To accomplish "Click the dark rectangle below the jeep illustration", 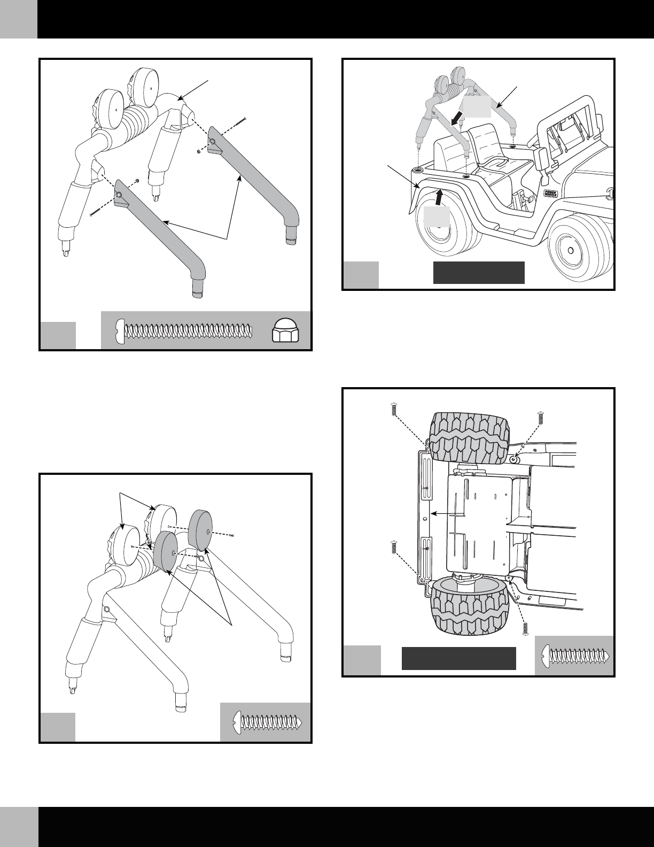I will point(478,273).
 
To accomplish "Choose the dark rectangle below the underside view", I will point(458,658).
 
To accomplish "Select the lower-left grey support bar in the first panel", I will point(160,230).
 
